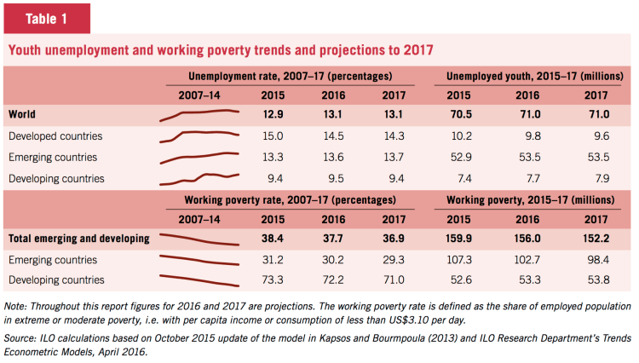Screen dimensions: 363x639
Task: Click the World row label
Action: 22,113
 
